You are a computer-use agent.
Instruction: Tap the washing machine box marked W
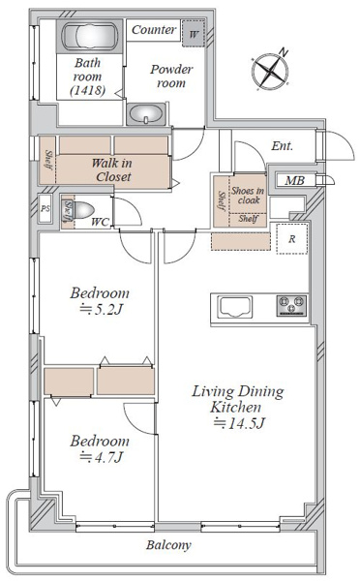tap(193, 34)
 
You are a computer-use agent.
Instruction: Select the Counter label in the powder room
tap(153, 30)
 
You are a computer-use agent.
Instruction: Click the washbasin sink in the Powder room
tap(146, 113)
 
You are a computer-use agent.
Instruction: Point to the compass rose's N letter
tap(284, 52)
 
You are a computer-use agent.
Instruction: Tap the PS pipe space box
tap(45, 208)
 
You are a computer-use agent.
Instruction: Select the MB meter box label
tap(295, 180)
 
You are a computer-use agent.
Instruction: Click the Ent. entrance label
tap(283, 146)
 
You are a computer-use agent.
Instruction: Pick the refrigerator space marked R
tap(292, 239)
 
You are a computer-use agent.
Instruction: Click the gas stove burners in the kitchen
tap(291, 306)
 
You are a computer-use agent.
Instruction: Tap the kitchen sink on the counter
tap(235, 307)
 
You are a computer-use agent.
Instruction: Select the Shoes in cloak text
tap(248, 196)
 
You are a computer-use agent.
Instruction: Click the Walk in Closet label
tap(112, 169)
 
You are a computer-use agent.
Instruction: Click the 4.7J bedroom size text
tap(101, 458)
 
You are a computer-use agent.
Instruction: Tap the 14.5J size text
tap(240, 423)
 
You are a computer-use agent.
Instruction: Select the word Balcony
tap(168, 544)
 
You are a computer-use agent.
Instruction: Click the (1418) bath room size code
tap(88, 90)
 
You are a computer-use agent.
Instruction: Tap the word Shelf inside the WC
tap(68, 210)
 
